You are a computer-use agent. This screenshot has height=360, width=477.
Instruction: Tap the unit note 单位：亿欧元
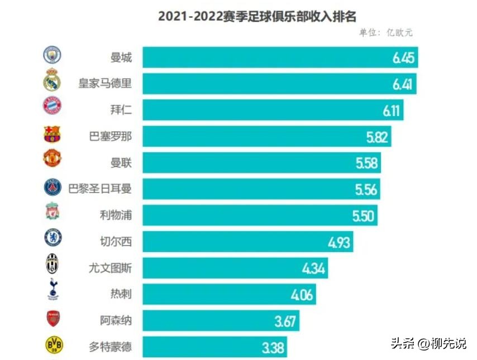click(386, 33)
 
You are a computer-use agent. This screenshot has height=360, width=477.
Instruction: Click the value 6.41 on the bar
click(403, 84)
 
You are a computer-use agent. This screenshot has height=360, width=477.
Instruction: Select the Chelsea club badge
click(53, 238)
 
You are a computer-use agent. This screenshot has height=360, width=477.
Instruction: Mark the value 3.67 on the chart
click(285, 321)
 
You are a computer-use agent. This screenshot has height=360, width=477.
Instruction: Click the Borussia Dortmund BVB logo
click(53, 345)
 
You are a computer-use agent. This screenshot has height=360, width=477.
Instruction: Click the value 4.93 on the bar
click(339, 242)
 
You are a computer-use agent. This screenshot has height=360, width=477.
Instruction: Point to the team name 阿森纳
click(116, 321)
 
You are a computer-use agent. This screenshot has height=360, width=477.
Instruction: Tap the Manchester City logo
click(53, 55)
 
